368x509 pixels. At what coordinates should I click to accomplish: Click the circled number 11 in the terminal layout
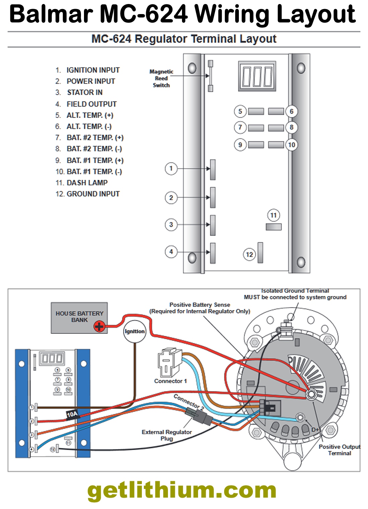(x=273, y=215)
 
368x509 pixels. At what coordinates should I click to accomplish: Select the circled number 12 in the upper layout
(x=249, y=254)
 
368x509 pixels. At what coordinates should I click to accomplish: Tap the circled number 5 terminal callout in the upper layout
(x=240, y=111)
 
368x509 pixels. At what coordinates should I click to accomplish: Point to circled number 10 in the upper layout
(x=292, y=145)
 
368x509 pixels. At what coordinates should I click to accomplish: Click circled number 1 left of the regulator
(x=171, y=168)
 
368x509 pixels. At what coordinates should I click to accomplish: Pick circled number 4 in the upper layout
(x=171, y=251)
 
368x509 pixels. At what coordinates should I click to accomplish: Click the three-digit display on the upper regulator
(x=257, y=76)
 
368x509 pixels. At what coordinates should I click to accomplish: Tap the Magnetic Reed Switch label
(x=161, y=78)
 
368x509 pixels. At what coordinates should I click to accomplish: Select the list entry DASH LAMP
(x=87, y=183)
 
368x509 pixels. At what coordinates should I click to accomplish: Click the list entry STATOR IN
(x=85, y=92)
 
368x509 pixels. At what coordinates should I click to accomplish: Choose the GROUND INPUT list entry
(x=93, y=194)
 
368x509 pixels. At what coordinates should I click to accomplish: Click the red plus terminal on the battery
(x=99, y=326)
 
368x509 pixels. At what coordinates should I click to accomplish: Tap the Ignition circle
(x=135, y=332)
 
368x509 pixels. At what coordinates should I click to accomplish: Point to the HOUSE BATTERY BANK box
(x=79, y=317)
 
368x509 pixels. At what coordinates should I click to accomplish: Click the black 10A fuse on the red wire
(x=72, y=415)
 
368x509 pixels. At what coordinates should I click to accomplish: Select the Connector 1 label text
(x=170, y=381)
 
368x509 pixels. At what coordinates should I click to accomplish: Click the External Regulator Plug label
(x=167, y=435)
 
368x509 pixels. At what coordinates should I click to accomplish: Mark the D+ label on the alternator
(x=315, y=430)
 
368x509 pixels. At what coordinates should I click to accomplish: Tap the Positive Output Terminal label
(x=339, y=450)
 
